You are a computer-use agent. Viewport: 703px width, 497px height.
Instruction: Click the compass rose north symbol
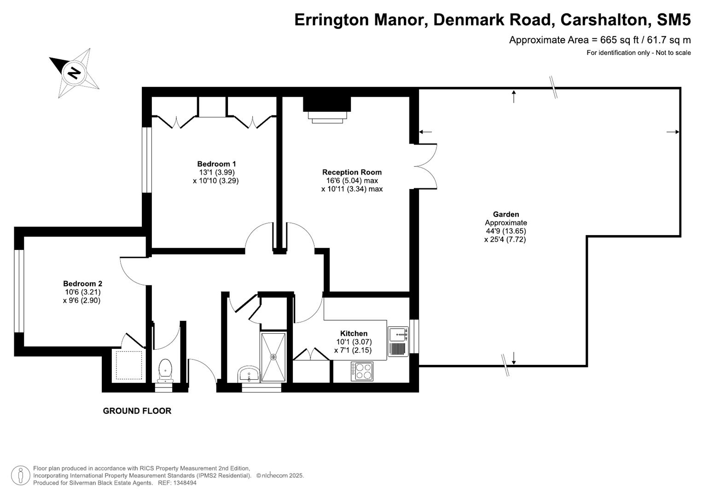pyautogui.click(x=74, y=73)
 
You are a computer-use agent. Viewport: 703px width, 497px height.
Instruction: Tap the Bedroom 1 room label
pyautogui.click(x=216, y=164)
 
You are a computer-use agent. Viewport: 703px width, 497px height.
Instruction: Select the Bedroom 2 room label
pyautogui.click(x=82, y=284)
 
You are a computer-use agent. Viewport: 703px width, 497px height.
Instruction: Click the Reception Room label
pyautogui.click(x=352, y=172)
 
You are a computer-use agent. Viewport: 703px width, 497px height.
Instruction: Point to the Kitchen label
pyautogui.click(x=354, y=334)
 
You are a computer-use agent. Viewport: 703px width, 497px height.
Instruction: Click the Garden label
pyautogui.click(x=505, y=214)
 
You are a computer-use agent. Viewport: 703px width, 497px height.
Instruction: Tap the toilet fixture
pyautogui.click(x=165, y=370)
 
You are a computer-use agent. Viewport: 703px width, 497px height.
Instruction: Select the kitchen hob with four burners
pyautogui.click(x=362, y=371)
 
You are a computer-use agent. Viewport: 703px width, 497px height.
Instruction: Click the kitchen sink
pyautogui.click(x=398, y=334)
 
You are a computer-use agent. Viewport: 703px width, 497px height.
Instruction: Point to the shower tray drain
pyautogui.click(x=273, y=357)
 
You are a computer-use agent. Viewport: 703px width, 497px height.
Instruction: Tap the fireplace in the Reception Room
pyautogui.click(x=327, y=110)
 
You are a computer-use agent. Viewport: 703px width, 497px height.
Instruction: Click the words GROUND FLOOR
pyautogui.click(x=137, y=411)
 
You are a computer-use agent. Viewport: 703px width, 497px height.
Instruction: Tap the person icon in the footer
pyautogui.click(x=20, y=475)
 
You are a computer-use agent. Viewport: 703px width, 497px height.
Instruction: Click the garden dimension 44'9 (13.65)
pyautogui.click(x=505, y=231)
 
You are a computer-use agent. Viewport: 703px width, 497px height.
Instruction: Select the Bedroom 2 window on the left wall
pyautogui.click(x=19, y=291)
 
